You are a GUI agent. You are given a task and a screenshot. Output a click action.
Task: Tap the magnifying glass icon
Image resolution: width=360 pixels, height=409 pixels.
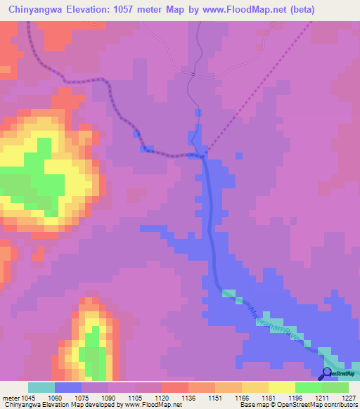click(x=327, y=372)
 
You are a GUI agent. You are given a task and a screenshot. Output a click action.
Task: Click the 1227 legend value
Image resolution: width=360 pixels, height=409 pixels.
click(x=349, y=398)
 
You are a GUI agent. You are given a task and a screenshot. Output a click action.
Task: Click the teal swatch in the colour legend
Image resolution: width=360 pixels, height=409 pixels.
click(x=41, y=387)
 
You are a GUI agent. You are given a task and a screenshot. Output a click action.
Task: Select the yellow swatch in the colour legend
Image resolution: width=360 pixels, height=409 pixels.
click(x=281, y=387)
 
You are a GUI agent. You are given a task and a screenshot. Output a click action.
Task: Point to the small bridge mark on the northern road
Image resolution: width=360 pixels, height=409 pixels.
click(x=192, y=72)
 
